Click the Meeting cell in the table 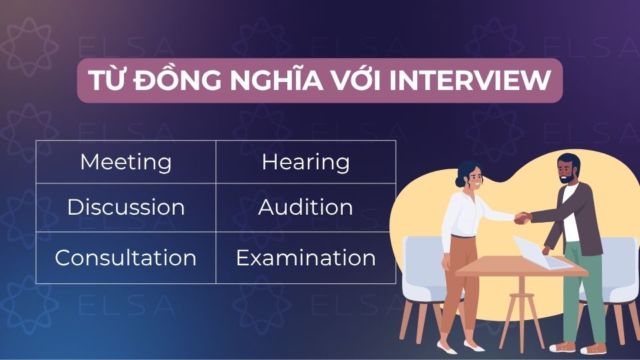click(125, 162)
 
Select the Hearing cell click(305, 162)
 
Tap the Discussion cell click(125, 207)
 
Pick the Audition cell click(305, 207)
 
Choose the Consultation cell click(125, 258)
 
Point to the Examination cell click(305, 258)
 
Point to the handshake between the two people click(521, 217)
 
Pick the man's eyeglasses click(565, 167)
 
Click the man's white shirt click(571, 213)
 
